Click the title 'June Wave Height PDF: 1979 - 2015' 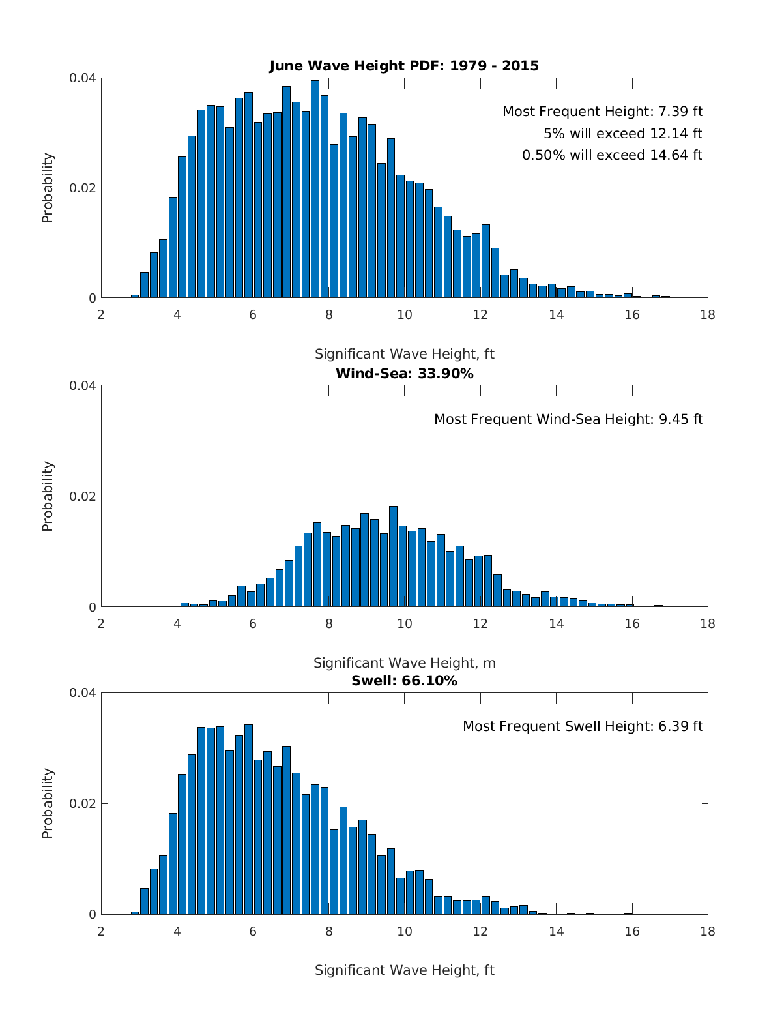(x=404, y=66)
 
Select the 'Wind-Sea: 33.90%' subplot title (x=404, y=374)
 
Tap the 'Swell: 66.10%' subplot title (x=404, y=681)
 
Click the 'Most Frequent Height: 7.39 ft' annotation (x=602, y=112)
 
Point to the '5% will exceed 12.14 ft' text (x=623, y=134)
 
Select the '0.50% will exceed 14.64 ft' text (x=612, y=155)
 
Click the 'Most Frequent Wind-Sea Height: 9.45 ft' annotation (x=568, y=419)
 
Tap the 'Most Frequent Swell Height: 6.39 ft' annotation (x=583, y=726)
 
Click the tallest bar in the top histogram (x=315, y=189)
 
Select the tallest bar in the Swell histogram (x=248, y=820)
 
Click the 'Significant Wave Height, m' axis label (x=404, y=663)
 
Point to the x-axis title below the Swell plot (x=404, y=970)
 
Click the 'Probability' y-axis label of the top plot (x=48, y=188)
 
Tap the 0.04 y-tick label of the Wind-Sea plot (x=83, y=385)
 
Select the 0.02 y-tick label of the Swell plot (x=83, y=803)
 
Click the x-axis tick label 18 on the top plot (x=707, y=316)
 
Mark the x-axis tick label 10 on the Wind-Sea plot (x=404, y=624)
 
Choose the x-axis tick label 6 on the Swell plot (x=253, y=931)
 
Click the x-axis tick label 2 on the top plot (x=101, y=316)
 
